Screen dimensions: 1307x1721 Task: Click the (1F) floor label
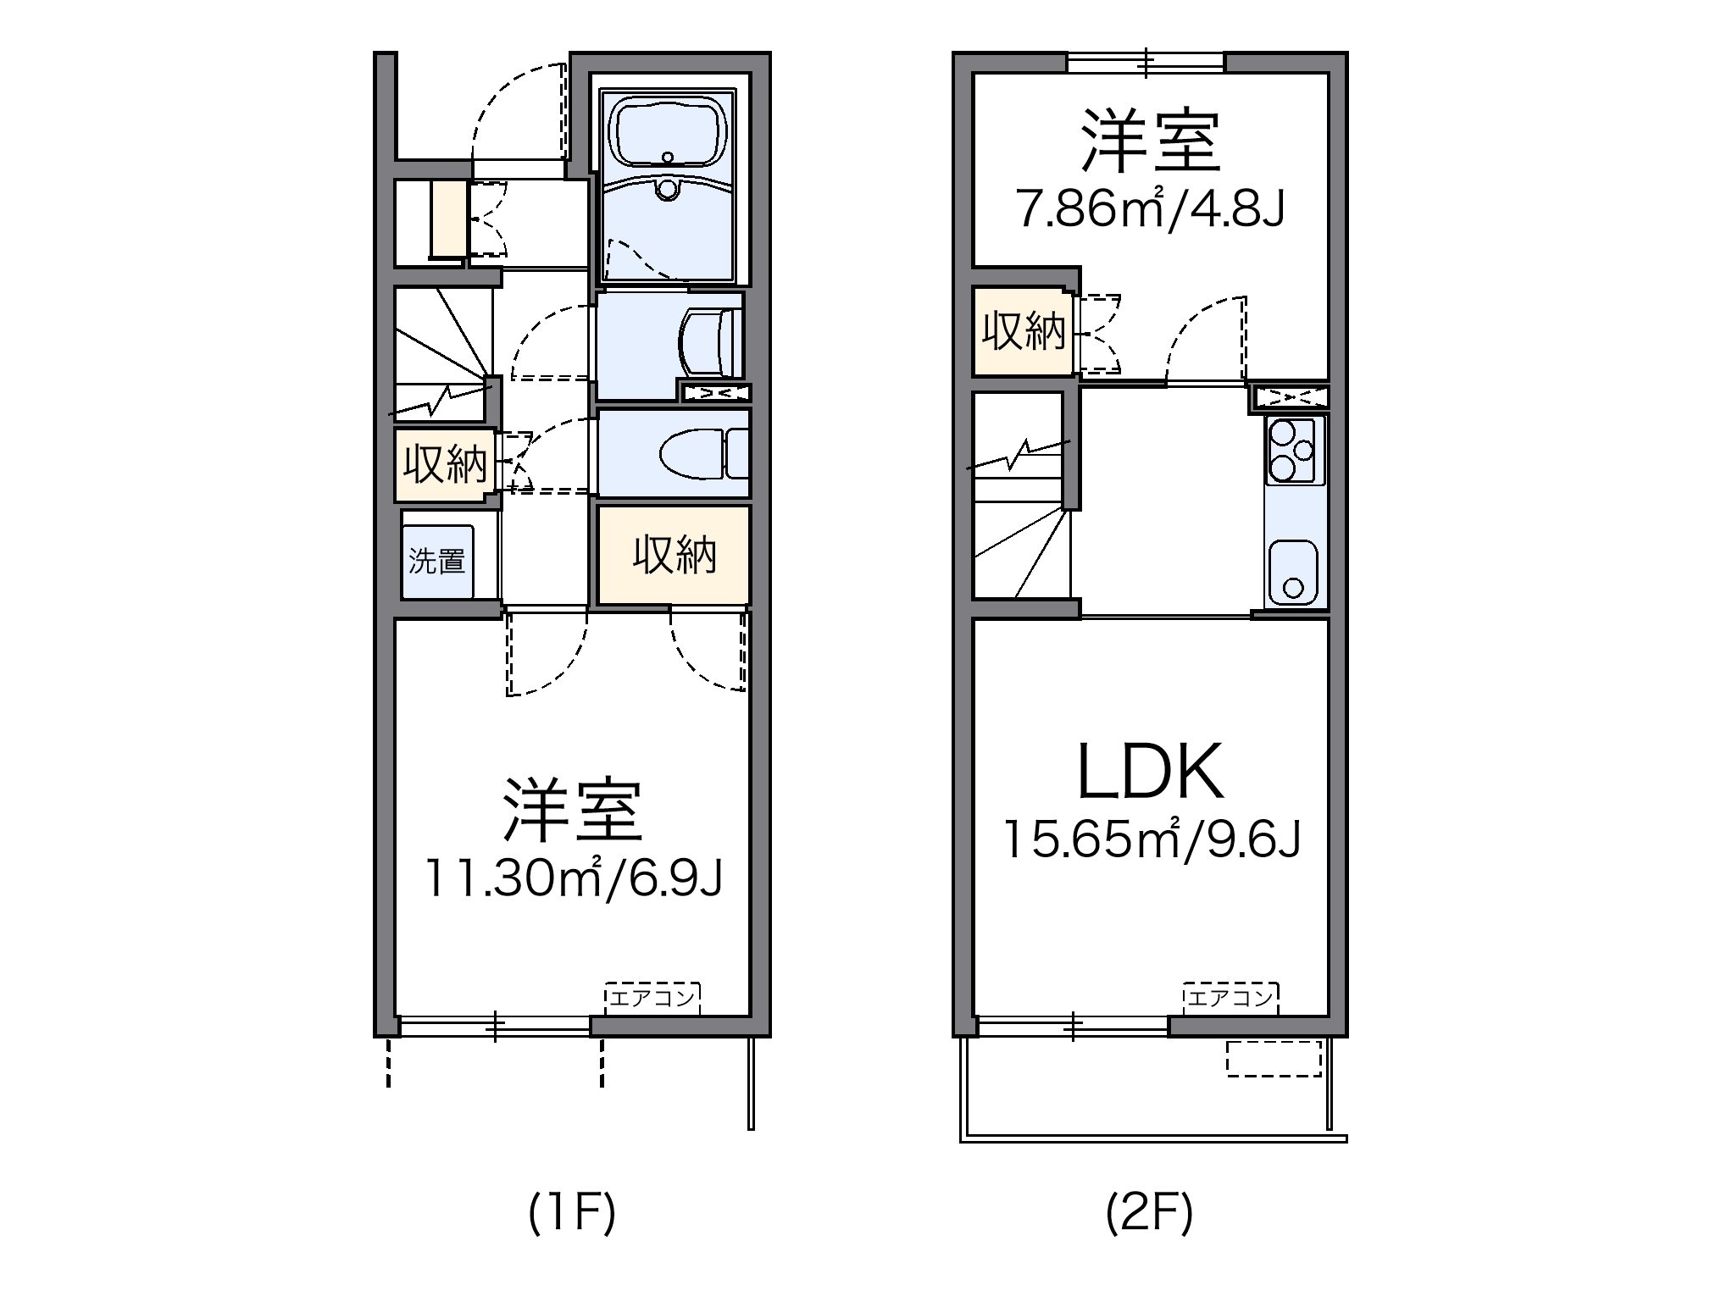pyautogui.click(x=571, y=1214)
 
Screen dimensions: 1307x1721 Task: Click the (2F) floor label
pyautogui.click(x=1150, y=1214)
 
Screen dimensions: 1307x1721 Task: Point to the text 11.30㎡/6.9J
pyautogui.click(x=573, y=878)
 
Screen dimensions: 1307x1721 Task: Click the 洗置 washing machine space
pyautogui.click(x=437, y=562)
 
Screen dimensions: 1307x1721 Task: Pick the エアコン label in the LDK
pyautogui.click(x=1230, y=998)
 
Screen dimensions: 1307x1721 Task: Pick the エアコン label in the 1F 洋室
pyautogui.click(x=652, y=998)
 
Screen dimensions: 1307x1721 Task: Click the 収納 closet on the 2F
pyautogui.click(x=1023, y=332)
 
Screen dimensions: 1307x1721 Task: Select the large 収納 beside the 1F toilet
pyautogui.click(x=675, y=556)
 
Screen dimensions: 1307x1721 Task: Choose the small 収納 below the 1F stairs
pyautogui.click(x=444, y=465)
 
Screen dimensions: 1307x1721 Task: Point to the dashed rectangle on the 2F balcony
pyautogui.click(x=1274, y=1059)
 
